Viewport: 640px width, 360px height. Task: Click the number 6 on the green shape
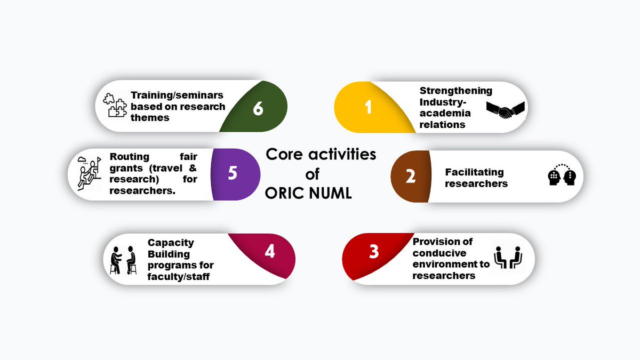pos(258,108)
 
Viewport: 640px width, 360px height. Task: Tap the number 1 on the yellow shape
pos(368,107)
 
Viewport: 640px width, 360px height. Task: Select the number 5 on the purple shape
pos(232,174)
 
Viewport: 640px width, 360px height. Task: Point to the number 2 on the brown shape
pos(410,176)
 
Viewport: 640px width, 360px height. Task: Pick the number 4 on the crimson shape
pos(270,251)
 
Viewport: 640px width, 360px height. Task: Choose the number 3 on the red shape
pos(374,251)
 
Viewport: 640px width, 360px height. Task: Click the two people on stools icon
pos(123,260)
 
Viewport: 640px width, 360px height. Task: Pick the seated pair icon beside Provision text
pos(507,258)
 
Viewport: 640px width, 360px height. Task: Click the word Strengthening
pos(455,91)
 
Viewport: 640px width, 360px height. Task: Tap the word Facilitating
pos(474,172)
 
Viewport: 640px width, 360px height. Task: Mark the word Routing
pos(129,156)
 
